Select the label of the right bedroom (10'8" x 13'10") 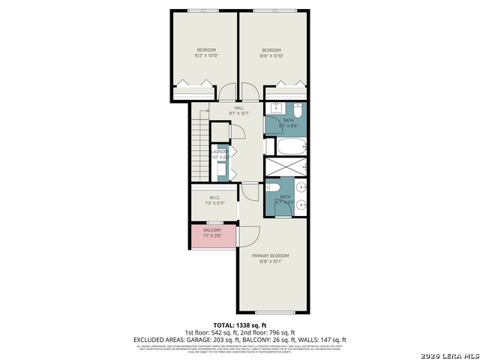(271, 52)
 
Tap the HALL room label (238, 110)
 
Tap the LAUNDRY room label (219, 154)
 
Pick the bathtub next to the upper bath (286, 145)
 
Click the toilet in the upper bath (298, 112)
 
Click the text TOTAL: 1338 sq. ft (239, 325)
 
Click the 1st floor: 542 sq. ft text (211, 332)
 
